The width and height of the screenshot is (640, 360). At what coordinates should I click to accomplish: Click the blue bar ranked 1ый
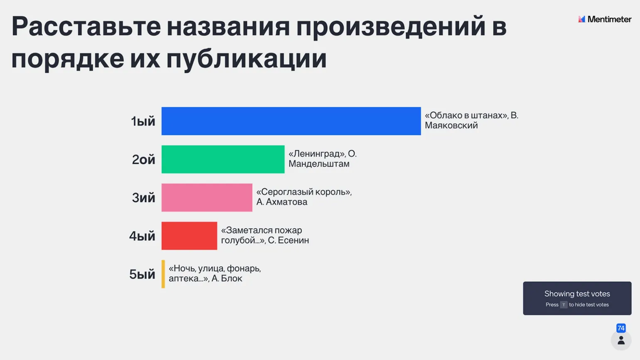[x=291, y=121]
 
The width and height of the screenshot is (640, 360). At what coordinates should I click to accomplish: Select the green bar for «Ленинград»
[x=223, y=160]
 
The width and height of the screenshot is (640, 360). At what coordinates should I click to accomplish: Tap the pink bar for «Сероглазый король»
[x=207, y=198]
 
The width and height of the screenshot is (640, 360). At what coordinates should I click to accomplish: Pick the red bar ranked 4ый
[x=189, y=236]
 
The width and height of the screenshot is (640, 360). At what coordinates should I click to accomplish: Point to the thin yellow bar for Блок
[x=163, y=274]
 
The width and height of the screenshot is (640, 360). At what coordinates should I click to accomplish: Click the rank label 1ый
[x=143, y=121]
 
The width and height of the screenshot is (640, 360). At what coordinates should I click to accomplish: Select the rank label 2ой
[x=143, y=160]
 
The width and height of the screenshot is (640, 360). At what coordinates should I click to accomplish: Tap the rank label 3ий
[x=143, y=198]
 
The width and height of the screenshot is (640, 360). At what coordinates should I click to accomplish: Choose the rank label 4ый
[x=142, y=236]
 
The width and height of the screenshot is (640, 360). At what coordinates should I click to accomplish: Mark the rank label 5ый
[x=142, y=274]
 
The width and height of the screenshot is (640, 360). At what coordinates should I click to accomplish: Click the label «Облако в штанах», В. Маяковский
[x=471, y=120]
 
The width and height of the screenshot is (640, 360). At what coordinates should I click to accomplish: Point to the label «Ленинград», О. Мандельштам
[x=322, y=159]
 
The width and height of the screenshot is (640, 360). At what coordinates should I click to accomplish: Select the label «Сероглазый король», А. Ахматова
[x=304, y=197]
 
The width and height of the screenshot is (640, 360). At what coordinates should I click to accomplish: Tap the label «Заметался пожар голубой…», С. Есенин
[x=265, y=235]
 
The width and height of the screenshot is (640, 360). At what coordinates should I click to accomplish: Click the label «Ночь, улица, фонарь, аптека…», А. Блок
[x=214, y=274]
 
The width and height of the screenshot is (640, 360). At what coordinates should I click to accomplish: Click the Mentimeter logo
[x=605, y=19]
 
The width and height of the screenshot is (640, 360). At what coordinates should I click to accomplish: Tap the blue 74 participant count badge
[x=621, y=328]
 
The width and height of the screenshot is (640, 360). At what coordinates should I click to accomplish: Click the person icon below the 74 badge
[x=621, y=340]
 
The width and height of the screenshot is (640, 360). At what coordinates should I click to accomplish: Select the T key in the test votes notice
[x=564, y=305]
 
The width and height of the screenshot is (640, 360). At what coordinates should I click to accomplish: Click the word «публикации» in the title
[x=246, y=59]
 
